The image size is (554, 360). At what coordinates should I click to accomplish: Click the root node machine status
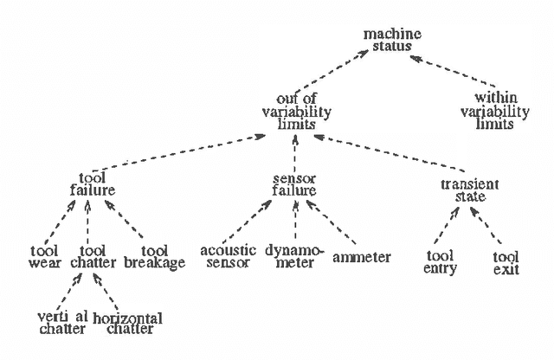(392, 40)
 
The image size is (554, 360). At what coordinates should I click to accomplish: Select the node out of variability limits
(295, 112)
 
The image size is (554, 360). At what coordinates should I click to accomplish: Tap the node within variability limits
(493, 112)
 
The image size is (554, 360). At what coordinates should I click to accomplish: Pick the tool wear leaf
(43, 257)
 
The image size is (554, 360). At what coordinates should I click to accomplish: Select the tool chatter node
(92, 257)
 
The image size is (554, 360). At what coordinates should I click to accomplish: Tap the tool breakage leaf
(154, 257)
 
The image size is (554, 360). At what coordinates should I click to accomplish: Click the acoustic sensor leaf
(229, 257)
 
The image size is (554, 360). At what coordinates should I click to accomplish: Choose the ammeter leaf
(361, 257)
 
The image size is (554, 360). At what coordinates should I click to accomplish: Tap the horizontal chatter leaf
(126, 323)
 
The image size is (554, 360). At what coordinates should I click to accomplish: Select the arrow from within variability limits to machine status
(451, 72)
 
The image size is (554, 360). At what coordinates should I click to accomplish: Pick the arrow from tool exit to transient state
(488, 228)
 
